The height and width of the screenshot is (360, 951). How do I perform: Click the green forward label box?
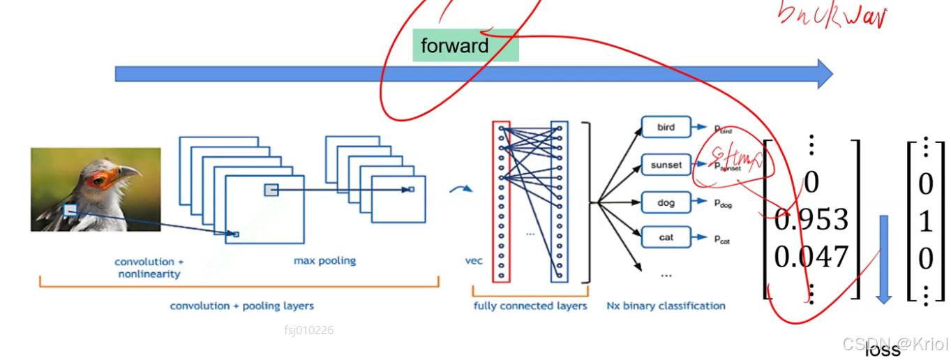tap(465, 45)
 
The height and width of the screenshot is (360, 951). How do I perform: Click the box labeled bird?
tap(666, 128)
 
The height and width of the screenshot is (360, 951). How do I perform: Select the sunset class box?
tap(666, 165)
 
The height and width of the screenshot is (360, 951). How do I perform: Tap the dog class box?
tap(666, 203)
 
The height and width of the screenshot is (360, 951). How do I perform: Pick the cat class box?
tap(666, 238)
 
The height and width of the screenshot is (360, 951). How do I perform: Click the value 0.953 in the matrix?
tap(811, 220)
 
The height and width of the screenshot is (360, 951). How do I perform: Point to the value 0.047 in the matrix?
tap(811, 257)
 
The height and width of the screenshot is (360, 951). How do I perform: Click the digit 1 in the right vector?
tap(926, 222)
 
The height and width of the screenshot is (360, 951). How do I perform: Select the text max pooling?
tap(324, 261)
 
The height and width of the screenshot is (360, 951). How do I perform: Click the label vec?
tap(474, 262)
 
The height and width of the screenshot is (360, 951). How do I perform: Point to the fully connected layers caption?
tap(530, 306)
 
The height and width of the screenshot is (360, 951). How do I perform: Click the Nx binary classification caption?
tap(666, 306)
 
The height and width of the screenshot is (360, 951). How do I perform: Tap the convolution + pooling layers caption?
tap(241, 306)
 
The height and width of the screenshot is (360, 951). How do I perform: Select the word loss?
tap(883, 350)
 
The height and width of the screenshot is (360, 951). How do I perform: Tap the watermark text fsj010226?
tap(308, 330)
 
